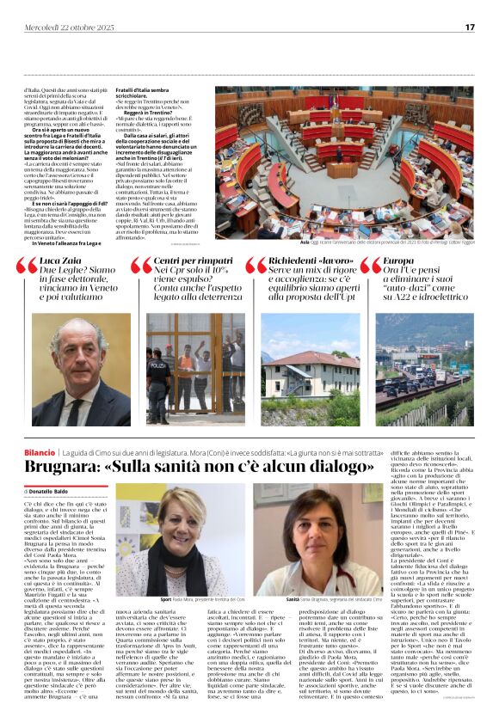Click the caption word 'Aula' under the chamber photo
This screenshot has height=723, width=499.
tap(305, 243)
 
